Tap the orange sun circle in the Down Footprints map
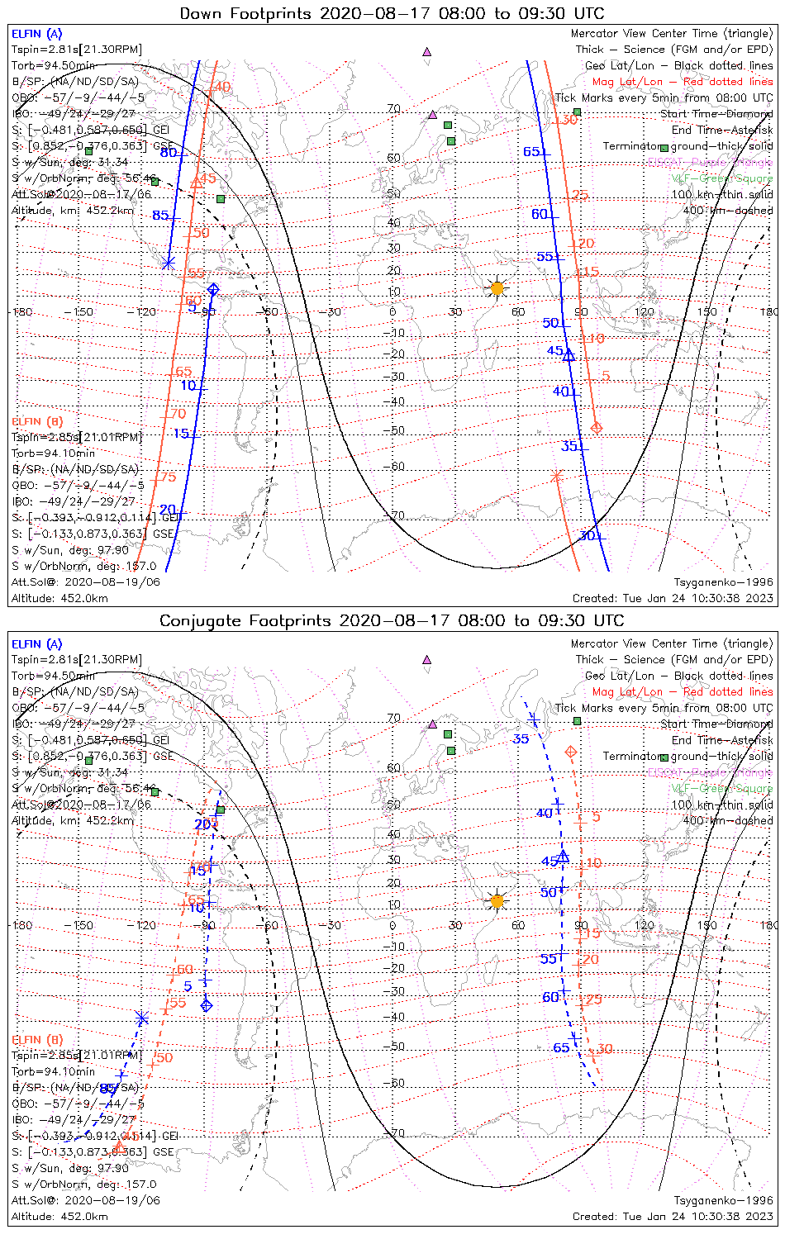tap(497, 288)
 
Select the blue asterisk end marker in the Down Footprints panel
tap(168, 263)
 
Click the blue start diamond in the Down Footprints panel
tap(213, 289)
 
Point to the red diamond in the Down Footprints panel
tap(597, 427)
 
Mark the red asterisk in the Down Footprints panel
tap(556, 476)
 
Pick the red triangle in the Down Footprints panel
tap(196, 183)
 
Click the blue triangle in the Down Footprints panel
tap(569, 354)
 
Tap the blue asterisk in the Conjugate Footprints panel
tap(142, 1018)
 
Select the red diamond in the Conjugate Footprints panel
tap(570, 752)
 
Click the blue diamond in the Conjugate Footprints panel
tap(207, 1005)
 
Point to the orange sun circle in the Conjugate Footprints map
tap(497, 901)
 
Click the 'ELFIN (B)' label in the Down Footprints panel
tap(37, 421)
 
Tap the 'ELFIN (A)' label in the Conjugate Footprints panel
tap(37, 643)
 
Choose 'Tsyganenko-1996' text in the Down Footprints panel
tap(724, 582)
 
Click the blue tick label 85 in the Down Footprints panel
tap(160, 216)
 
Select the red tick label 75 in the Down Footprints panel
tap(169, 477)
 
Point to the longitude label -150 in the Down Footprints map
tap(83, 312)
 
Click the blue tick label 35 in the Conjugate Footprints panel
tap(521, 739)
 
